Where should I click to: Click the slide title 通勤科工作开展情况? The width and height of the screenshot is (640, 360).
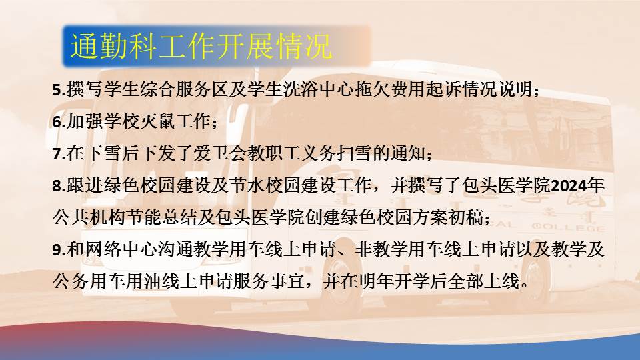(x=201, y=46)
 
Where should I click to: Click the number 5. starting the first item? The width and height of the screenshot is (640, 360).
(x=59, y=90)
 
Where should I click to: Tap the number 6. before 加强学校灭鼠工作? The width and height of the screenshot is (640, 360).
(x=59, y=121)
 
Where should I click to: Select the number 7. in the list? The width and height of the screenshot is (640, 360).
(x=59, y=153)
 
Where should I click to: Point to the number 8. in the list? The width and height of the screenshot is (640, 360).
(x=59, y=186)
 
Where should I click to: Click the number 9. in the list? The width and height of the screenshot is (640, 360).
(x=59, y=249)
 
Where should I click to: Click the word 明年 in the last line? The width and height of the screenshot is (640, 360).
(x=376, y=281)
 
